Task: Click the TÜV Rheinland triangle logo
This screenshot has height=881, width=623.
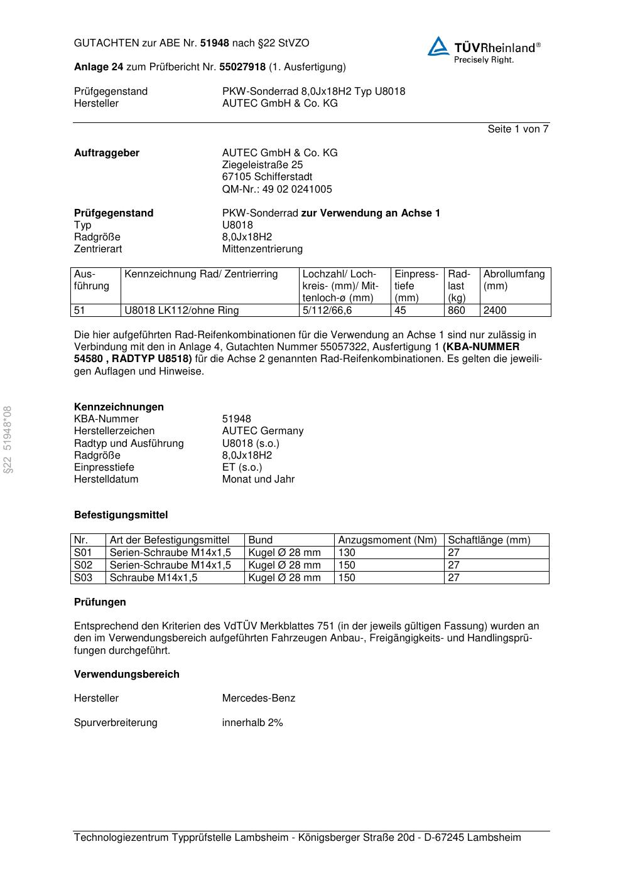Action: [438, 47]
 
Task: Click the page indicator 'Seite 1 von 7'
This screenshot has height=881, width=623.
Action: [517, 129]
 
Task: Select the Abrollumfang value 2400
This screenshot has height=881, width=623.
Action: [495, 311]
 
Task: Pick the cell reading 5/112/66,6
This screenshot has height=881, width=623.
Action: [327, 311]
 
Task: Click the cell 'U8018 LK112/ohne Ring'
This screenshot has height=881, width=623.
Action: [181, 311]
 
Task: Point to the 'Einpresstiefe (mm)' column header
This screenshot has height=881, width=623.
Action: [416, 286]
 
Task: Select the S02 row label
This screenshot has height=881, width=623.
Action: [83, 565]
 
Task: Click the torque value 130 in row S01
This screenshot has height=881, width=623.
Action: [347, 553]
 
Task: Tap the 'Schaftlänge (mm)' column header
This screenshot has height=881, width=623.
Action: [489, 540]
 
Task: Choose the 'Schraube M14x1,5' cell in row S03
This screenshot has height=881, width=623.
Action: [153, 578]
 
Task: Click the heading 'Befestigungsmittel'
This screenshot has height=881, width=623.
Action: [121, 515]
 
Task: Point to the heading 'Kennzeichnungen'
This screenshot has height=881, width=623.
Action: [119, 407]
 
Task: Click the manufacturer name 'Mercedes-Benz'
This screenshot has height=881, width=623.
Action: [258, 698]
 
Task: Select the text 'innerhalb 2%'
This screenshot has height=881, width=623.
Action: [252, 723]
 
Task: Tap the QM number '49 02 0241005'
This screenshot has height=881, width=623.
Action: [295, 190]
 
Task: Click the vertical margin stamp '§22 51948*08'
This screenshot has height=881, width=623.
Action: [8, 439]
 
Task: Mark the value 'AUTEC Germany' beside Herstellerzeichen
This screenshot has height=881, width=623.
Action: [263, 431]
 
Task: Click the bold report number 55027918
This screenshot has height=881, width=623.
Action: [242, 67]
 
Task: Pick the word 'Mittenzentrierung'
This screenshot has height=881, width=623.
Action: [262, 249]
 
